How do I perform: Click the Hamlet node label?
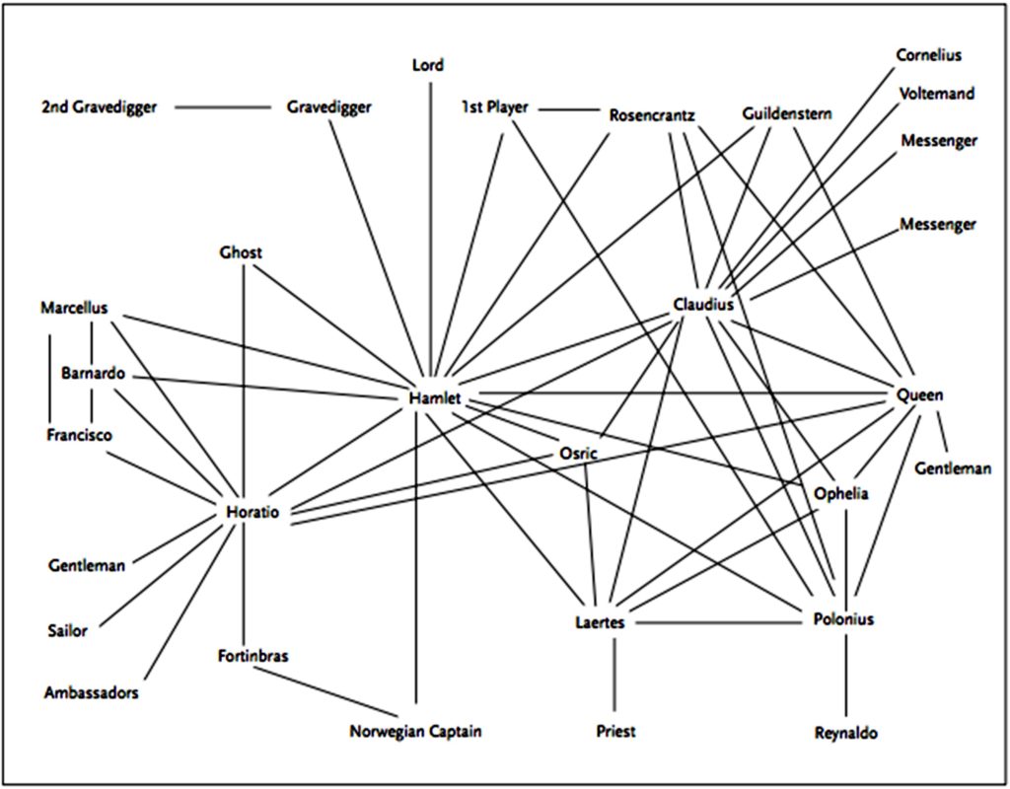point(434,398)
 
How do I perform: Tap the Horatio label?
point(252,513)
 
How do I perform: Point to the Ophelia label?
point(840,494)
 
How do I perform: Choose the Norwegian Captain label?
point(416,732)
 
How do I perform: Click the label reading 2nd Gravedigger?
point(99,108)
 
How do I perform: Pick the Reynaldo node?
point(845,733)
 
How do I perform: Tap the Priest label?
point(615,731)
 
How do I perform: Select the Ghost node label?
point(241,253)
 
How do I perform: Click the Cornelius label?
point(928,55)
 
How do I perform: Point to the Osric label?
point(578,453)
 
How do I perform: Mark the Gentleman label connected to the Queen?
point(952,468)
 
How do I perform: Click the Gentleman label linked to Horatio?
point(87,566)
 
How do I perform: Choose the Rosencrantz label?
point(652,114)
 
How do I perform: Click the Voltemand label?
point(937,94)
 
